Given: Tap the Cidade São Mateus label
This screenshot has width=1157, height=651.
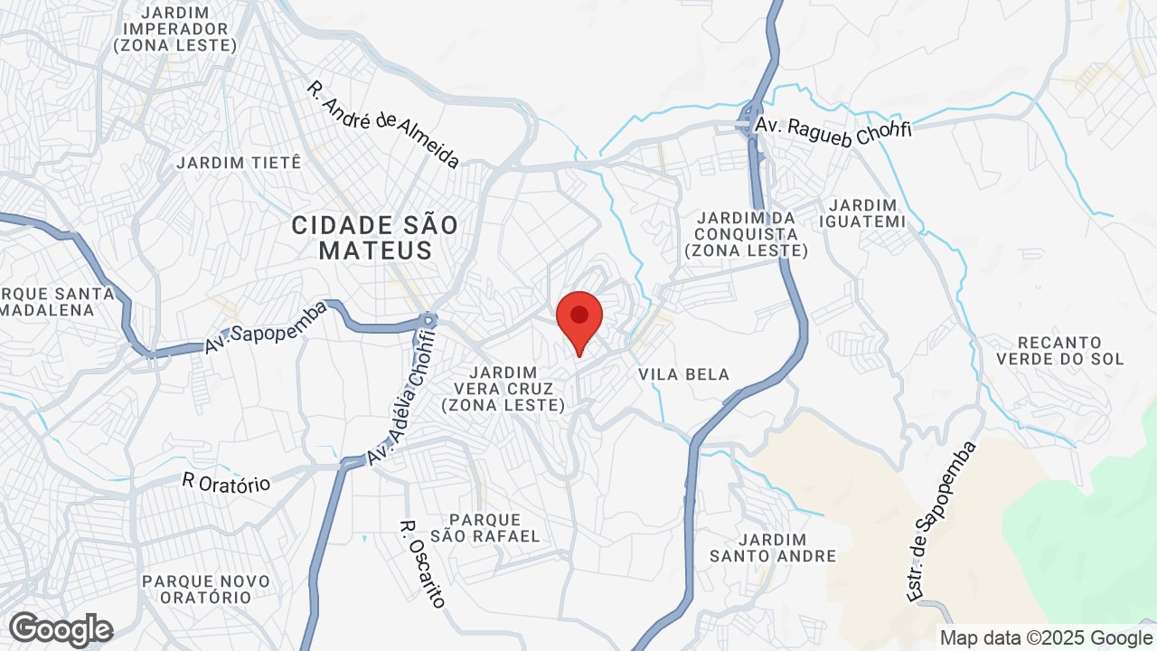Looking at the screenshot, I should (375, 238).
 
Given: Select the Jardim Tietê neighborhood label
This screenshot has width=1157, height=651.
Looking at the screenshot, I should (239, 163).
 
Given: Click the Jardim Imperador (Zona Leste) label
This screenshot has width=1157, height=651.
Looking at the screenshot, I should (176, 29).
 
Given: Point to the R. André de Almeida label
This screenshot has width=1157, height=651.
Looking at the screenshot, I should (383, 125).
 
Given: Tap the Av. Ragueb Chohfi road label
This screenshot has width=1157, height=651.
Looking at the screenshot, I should (833, 128).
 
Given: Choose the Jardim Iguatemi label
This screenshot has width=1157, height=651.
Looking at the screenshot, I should (861, 213).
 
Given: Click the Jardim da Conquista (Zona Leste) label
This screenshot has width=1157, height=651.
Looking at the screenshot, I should (746, 234).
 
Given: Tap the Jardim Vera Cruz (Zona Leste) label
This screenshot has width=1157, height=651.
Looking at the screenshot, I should (503, 389).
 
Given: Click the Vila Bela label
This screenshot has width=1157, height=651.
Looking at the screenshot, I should (683, 374).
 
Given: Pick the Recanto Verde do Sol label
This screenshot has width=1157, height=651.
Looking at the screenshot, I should (1059, 351).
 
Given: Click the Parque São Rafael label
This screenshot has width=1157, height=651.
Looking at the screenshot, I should (485, 528).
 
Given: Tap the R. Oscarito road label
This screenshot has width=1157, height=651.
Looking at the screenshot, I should (423, 562).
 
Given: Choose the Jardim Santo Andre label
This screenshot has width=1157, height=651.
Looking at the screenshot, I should (773, 547).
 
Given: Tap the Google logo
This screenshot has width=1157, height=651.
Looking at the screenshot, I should (61, 629).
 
